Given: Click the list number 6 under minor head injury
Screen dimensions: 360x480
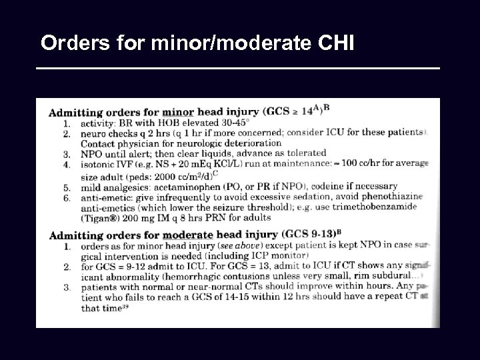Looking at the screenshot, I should point(66,198).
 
